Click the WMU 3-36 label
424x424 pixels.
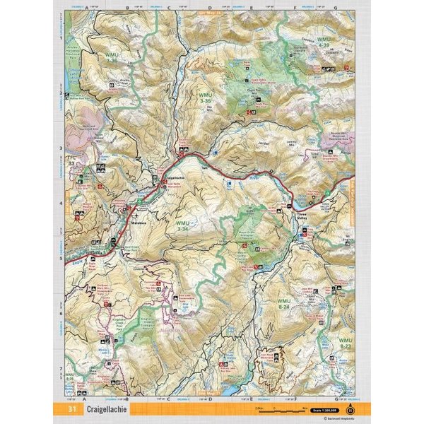112,59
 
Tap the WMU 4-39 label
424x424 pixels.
324,42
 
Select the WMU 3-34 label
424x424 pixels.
182,226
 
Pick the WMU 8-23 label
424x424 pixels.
344,344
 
